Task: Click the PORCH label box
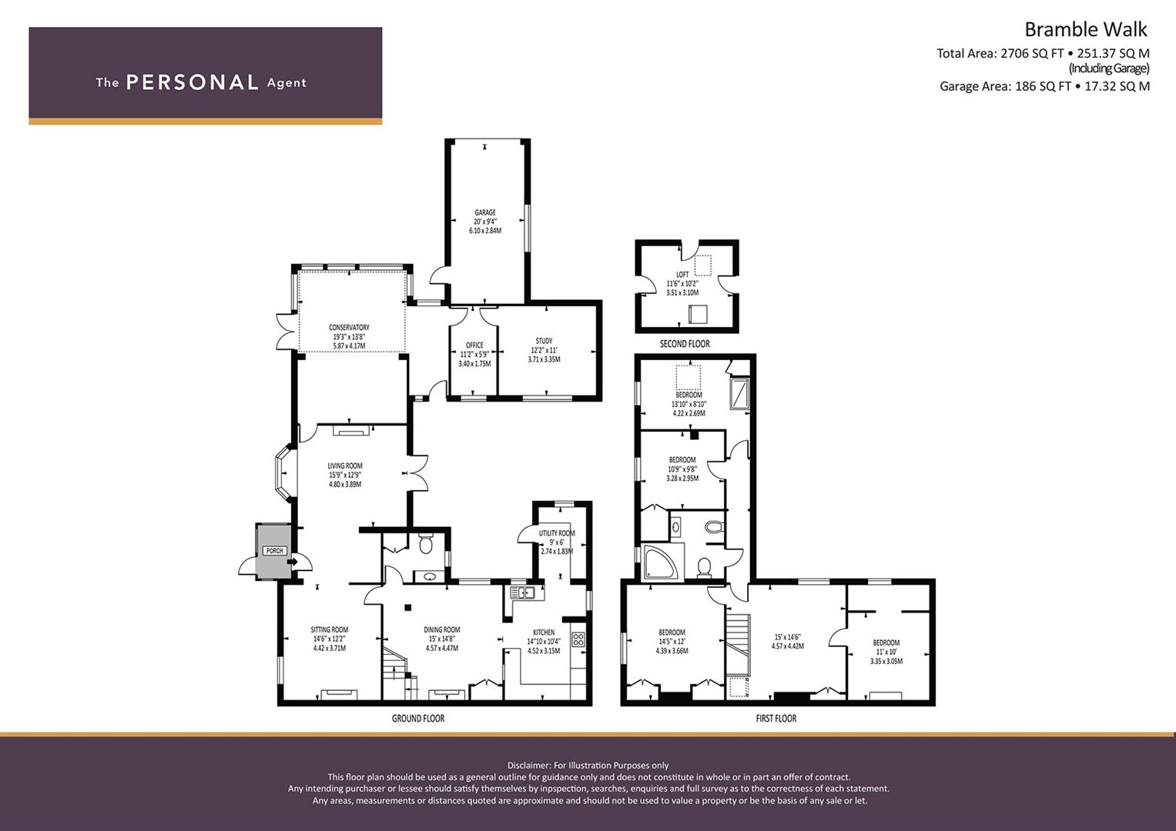pyautogui.click(x=275, y=551)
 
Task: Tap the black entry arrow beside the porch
pyautogui.click(x=293, y=562)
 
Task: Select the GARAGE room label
pyautogui.click(x=485, y=212)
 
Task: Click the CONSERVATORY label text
pyautogui.click(x=349, y=327)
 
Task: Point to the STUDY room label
pyautogui.click(x=544, y=341)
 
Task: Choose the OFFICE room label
pyautogui.click(x=474, y=345)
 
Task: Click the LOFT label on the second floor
pyautogui.click(x=682, y=275)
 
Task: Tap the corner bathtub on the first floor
pyautogui.click(x=662, y=562)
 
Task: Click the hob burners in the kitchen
pyautogui.click(x=578, y=639)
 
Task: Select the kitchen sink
pyautogui.click(x=522, y=592)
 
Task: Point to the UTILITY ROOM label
pyautogui.click(x=557, y=533)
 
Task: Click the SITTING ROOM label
pyautogui.click(x=329, y=629)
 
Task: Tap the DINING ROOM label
pyautogui.click(x=442, y=629)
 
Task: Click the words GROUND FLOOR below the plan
pyautogui.click(x=418, y=718)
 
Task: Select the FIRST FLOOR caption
pyautogui.click(x=776, y=718)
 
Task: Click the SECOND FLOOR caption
pyautogui.click(x=685, y=344)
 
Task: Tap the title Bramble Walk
pyautogui.click(x=1086, y=29)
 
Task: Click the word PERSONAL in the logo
pyautogui.click(x=193, y=82)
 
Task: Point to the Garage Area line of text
pyautogui.click(x=1045, y=86)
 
